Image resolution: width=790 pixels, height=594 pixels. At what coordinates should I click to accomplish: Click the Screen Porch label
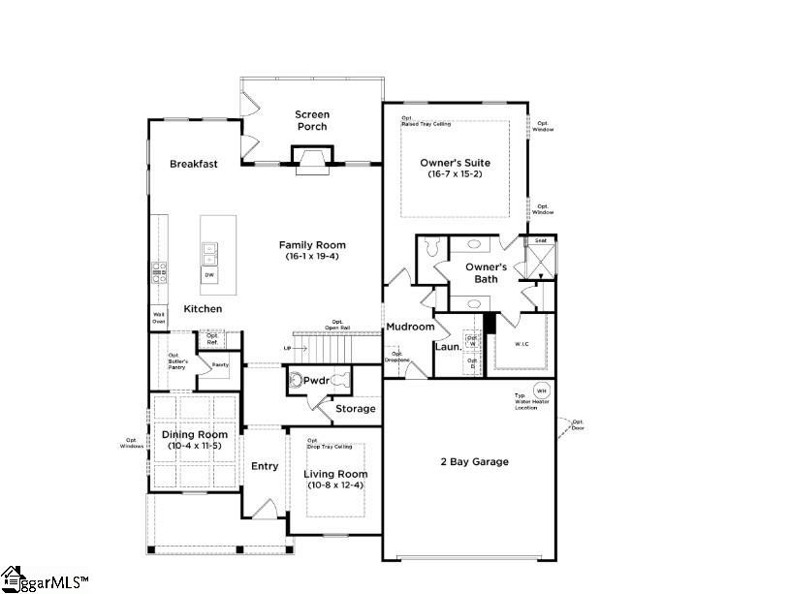pos(311,120)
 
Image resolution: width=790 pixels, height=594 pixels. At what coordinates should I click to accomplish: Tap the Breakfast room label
pos(193,164)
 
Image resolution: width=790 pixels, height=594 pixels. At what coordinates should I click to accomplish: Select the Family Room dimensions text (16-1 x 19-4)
pos(312,257)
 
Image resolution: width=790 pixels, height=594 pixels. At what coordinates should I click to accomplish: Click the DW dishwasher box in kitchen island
pos(209,275)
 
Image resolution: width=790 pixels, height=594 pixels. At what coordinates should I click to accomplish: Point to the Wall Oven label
pos(158,317)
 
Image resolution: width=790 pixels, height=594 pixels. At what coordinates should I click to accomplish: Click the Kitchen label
pos(203,309)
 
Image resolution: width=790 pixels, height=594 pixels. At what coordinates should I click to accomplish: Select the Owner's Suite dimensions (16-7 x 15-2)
pos(455,174)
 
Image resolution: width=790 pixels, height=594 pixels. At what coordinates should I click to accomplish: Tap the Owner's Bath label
pos(486,272)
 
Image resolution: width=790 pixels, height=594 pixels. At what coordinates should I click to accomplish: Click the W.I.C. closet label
pos(520,344)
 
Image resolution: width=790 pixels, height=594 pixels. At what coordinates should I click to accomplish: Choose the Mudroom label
pos(410,327)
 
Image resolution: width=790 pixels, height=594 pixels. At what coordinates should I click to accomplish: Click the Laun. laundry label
pos(448,346)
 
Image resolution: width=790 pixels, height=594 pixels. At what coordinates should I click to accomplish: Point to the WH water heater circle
pos(541,391)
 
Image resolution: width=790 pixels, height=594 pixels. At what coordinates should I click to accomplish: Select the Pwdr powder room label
pos(317,381)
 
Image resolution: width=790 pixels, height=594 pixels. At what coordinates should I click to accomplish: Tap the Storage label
pos(355,409)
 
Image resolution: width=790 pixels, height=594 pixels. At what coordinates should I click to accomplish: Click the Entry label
pos(265,466)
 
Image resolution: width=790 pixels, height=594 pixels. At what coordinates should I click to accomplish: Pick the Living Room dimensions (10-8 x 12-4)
pos(335,485)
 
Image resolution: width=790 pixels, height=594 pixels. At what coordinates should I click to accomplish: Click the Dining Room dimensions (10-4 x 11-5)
pos(193,446)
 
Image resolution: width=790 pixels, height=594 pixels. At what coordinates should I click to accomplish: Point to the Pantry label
pos(220,364)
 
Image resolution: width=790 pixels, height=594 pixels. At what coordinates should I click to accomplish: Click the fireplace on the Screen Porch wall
pos(311,160)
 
